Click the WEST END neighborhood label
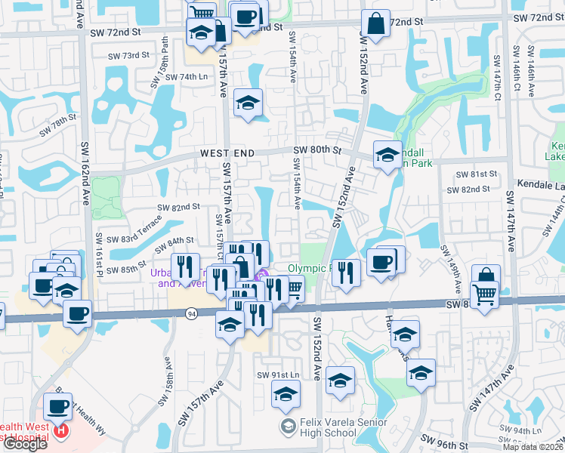click(225, 153)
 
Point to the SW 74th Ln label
click(185, 77)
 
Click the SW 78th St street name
click(59, 124)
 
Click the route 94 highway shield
click(193, 313)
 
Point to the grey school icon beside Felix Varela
click(287, 427)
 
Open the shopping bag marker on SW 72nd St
click(375, 24)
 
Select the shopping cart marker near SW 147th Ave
click(484, 294)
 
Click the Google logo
click(25, 443)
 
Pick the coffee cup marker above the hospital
click(57, 408)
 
